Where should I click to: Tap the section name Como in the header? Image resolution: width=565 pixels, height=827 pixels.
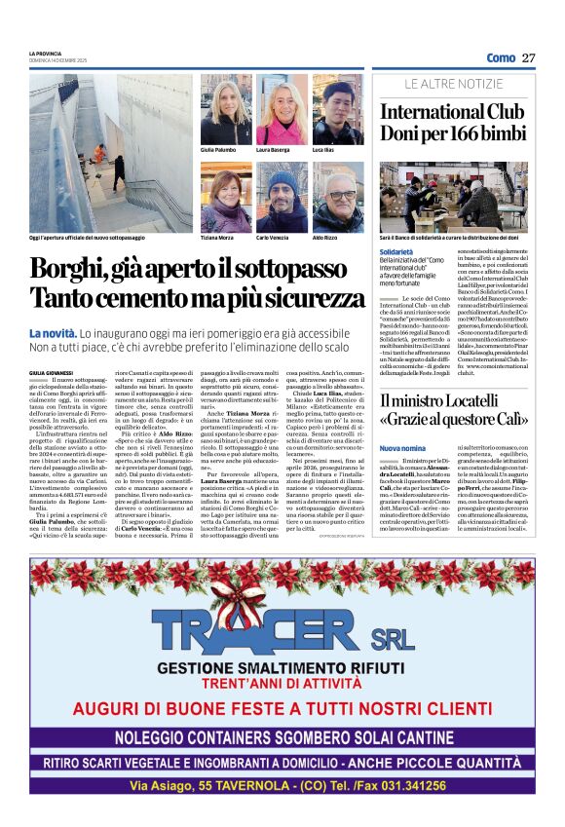[x=501, y=58]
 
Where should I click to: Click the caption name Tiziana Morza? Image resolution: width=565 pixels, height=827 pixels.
[x=216, y=237]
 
